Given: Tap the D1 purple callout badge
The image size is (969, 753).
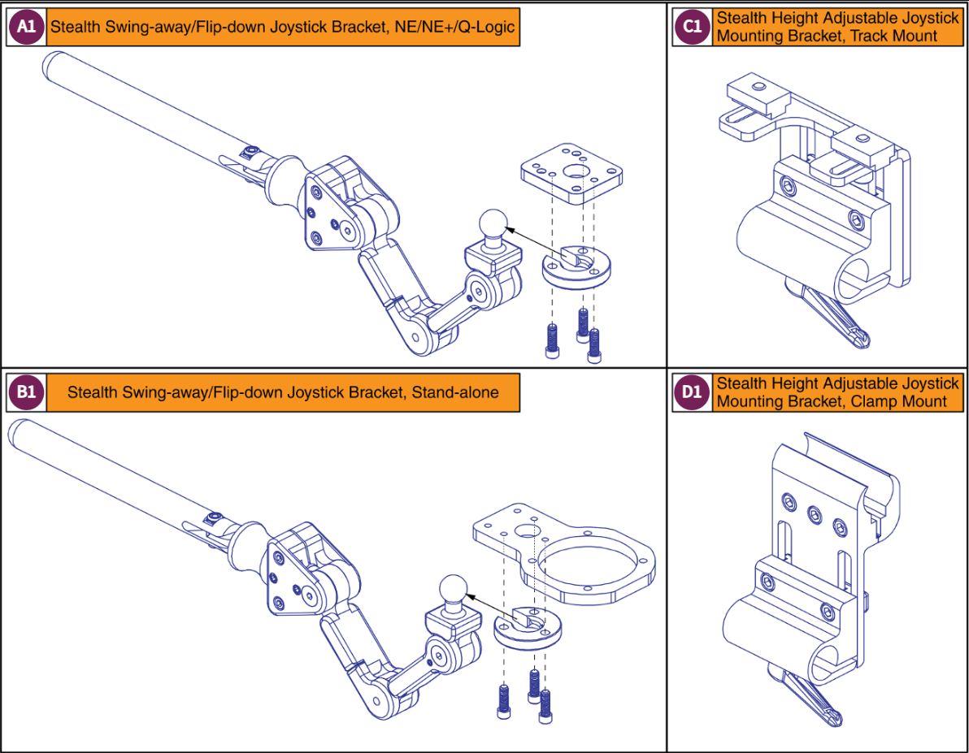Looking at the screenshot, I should [692, 392].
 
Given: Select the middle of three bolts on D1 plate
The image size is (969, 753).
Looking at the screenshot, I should [813, 513].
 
